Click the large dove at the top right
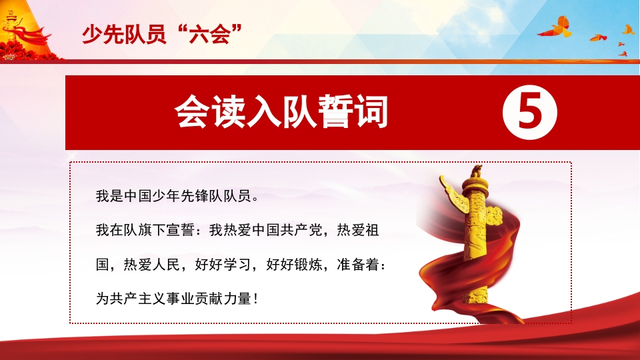(556, 28)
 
